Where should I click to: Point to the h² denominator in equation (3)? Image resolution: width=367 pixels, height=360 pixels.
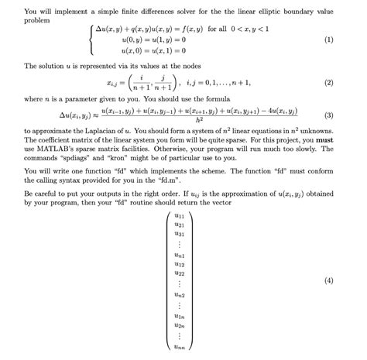(x=199, y=121)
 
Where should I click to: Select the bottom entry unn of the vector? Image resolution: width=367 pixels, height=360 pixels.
(x=180, y=348)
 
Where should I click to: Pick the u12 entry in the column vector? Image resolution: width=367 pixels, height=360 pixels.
(x=180, y=264)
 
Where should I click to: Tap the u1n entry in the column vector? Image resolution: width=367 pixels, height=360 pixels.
(x=180, y=316)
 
